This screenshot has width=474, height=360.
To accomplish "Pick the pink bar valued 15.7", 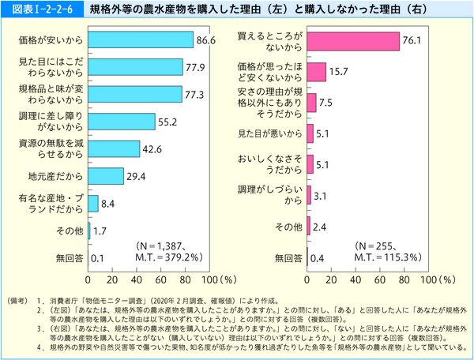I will [x=316, y=73].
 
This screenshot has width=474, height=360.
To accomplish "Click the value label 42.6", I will [x=152, y=148].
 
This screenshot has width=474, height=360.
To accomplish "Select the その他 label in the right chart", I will [x=287, y=227].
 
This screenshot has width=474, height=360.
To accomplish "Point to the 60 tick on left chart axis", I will [x=160, y=279].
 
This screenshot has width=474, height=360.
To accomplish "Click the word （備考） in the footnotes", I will [x=18, y=301].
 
